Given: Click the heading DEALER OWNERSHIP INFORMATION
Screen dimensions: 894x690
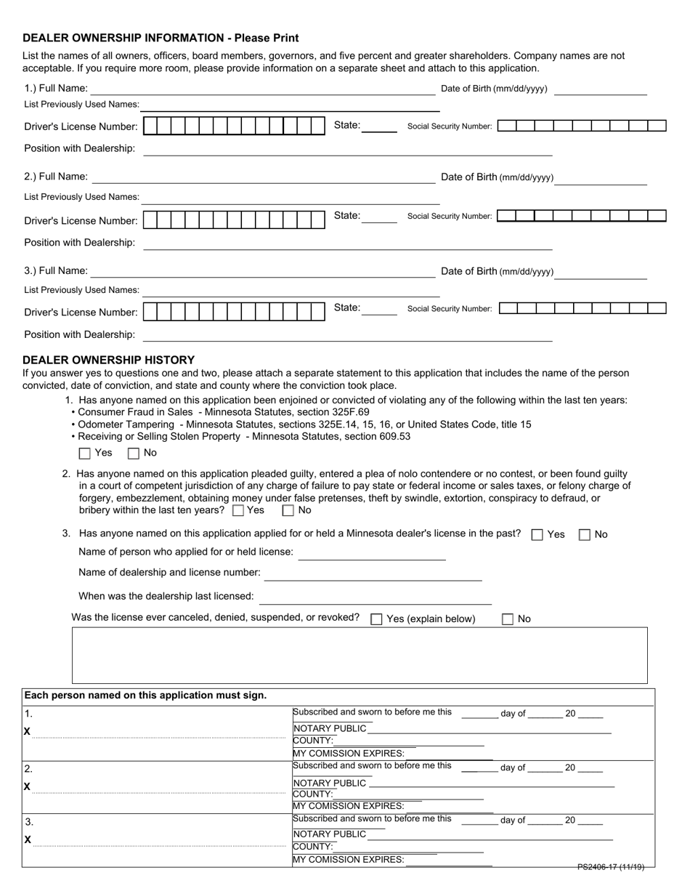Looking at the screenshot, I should tap(161, 38).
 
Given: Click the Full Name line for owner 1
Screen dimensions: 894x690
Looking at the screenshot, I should tap(261, 89).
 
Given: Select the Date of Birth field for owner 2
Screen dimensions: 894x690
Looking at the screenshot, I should tap(600, 178).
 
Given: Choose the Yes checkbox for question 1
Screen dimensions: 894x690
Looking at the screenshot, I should tap(85, 454).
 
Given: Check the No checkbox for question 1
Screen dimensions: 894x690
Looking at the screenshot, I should tap(134, 454).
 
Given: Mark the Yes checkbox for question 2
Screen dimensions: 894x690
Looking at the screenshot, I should tap(238, 511).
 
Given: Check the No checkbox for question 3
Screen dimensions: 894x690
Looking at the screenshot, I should tap(585, 535).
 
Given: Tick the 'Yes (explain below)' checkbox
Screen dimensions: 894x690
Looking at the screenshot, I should tap(376, 619).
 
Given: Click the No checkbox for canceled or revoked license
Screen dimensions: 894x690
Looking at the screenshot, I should tap(508, 619).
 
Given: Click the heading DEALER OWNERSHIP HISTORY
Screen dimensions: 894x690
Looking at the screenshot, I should tap(109, 360).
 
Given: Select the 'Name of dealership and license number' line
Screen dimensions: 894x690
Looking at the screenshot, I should tap(373, 574).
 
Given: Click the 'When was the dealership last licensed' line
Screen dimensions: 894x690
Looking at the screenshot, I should tap(375, 597).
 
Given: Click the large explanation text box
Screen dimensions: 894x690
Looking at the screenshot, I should tap(359, 655).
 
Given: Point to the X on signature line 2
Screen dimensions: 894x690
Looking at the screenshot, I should tap(28, 786).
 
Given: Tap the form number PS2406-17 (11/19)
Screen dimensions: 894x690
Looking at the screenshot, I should tap(611, 866).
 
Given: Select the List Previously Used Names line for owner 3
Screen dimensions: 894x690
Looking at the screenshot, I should tap(291, 291).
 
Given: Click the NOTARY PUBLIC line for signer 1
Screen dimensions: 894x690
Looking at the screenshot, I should tap(490, 729).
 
